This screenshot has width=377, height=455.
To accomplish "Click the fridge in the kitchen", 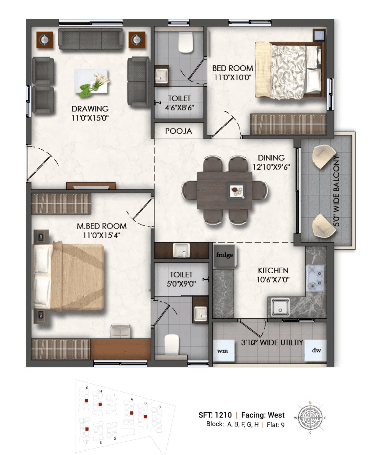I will click(224, 255).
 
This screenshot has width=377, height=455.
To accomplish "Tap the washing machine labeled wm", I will click(223, 350).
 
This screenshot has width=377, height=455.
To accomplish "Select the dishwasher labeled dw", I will click(316, 350).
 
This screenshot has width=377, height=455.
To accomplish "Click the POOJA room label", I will click(178, 131).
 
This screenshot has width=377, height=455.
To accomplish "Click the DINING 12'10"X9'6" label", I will click(271, 162).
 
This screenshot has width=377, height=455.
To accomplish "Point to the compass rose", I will click(310, 418).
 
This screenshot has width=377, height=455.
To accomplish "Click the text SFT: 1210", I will click(215, 415).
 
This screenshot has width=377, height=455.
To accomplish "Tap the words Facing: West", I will click(263, 415).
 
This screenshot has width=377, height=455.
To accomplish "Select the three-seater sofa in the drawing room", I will click(91, 39).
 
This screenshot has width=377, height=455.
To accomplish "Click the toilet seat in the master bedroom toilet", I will click(172, 344).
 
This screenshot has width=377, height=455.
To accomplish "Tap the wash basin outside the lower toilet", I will click(181, 251).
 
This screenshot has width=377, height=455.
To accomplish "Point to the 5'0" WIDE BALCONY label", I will click(336, 191).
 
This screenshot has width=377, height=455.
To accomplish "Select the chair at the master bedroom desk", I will click(120, 331).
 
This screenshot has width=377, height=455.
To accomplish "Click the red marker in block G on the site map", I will click(87, 401).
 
